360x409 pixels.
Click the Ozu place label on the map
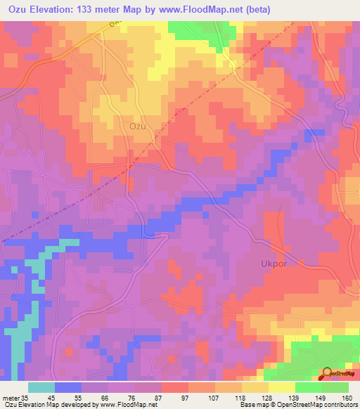(138, 126)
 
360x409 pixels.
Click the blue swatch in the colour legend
(67, 387)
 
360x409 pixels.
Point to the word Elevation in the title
(57, 9)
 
